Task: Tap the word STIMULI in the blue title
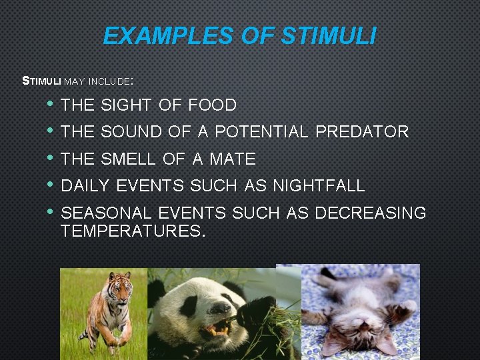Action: point(329,35)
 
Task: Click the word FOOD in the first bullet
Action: point(212,105)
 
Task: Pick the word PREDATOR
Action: point(362,132)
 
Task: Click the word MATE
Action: point(233,159)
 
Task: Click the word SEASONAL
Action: point(107,213)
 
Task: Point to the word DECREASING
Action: point(370,213)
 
